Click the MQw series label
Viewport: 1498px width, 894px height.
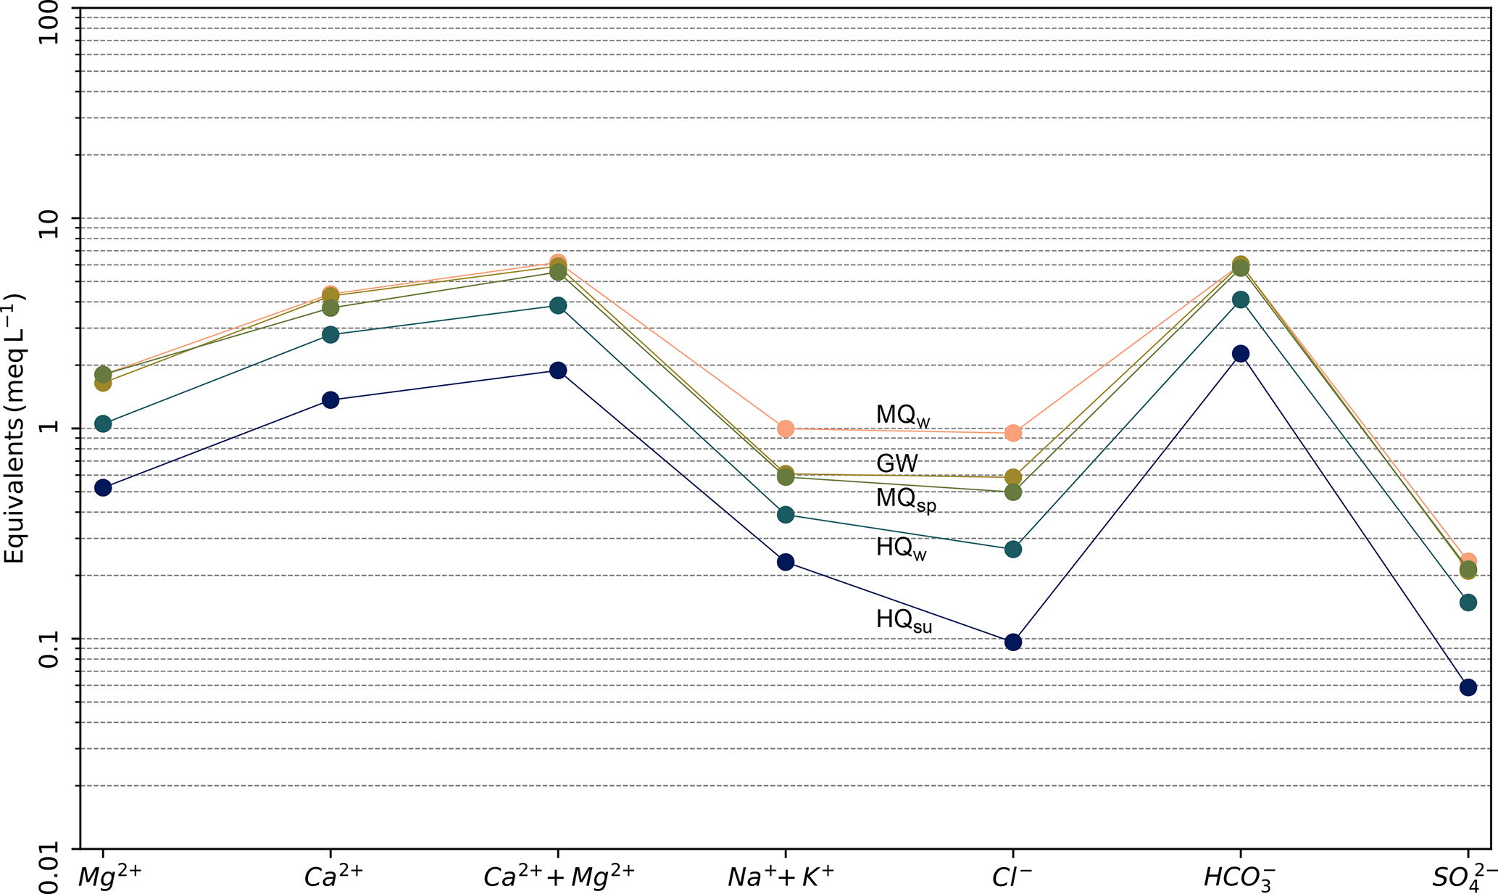coord(902,416)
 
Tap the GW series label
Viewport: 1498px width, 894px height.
coord(897,463)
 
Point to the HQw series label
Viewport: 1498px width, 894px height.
coord(902,548)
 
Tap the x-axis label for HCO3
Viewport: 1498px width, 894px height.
coord(1239,878)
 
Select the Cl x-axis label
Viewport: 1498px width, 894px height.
coord(1012,877)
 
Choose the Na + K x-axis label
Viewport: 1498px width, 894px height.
coord(781,877)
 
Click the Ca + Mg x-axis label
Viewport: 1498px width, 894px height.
coord(559,877)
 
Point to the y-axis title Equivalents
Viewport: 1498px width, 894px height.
coord(14,428)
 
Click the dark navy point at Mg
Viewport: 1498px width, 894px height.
coord(103,487)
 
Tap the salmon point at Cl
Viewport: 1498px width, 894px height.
coord(1013,433)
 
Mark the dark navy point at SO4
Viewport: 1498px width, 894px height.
coord(1468,687)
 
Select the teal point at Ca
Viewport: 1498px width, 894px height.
coord(330,334)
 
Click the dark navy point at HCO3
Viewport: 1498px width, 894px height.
coord(1241,354)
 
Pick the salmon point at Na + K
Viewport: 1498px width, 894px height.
coord(786,429)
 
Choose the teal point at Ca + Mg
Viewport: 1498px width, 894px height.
coord(558,305)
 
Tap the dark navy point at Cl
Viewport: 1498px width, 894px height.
coord(1013,642)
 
